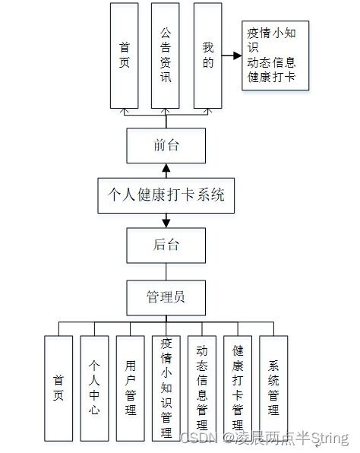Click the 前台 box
click(x=166, y=145)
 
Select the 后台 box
click(x=166, y=245)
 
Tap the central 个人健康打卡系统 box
click(x=166, y=195)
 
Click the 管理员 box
click(x=166, y=296)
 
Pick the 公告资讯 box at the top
click(x=166, y=55)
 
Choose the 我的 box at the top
click(x=208, y=55)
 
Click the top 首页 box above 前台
click(x=125, y=55)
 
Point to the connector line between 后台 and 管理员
click(x=166, y=271)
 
